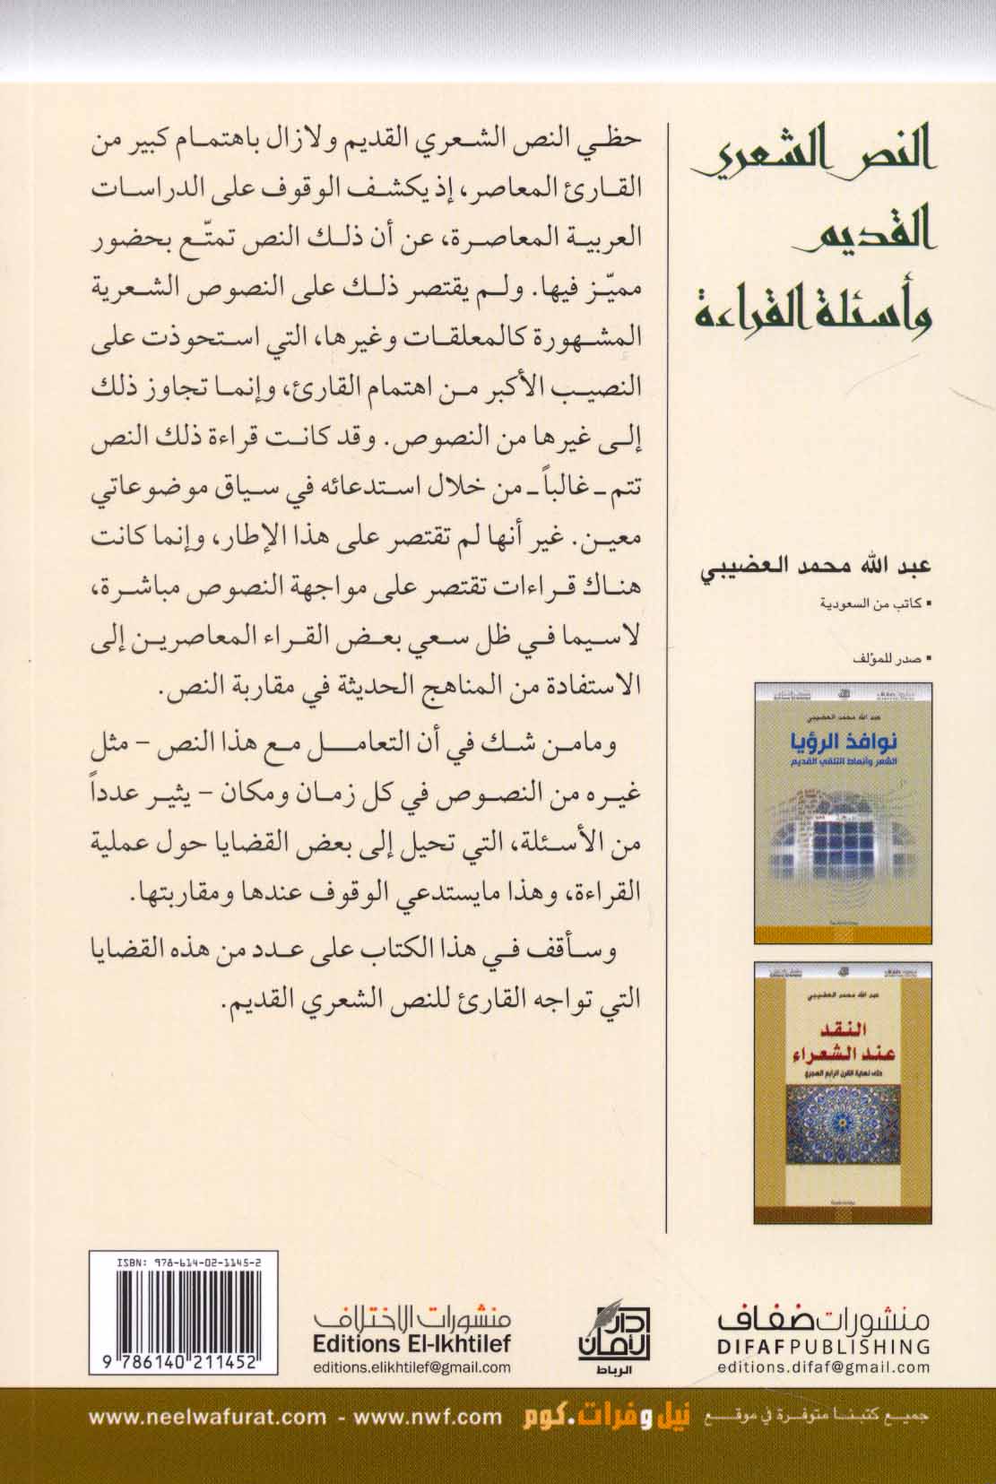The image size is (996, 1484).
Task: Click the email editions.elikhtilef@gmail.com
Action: click(x=412, y=1367)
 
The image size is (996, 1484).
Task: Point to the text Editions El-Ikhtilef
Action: click(x=412, y=1346)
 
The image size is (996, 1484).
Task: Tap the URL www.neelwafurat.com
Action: click(x=208, y=1417)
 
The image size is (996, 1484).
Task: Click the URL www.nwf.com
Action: click(x=428, y=1417)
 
